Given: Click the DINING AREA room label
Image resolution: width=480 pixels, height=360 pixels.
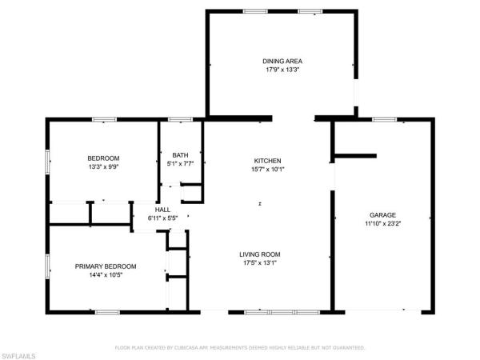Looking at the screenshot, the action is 282,62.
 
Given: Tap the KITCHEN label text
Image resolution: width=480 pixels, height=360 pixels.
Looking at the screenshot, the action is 267,161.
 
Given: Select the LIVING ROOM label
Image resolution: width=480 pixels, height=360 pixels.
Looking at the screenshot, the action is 260,254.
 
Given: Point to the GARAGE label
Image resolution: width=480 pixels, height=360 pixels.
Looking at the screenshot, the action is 382,215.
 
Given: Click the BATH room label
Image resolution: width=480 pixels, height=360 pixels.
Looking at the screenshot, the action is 180,155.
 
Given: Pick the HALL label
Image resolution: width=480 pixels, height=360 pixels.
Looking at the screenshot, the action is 162,210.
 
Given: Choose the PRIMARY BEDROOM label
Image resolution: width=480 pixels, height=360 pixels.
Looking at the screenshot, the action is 106,266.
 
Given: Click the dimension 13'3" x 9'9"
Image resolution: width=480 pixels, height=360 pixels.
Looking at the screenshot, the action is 103,167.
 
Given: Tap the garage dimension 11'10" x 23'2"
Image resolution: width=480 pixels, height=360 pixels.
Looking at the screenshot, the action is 383,223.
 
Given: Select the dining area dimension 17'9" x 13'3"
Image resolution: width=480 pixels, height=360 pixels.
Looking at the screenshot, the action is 282,70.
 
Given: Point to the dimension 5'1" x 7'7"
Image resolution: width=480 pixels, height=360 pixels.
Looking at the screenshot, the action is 180,163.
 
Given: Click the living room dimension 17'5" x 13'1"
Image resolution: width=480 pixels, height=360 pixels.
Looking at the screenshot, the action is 260,262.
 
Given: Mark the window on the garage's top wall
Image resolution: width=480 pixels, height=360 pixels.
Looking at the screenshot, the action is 385,119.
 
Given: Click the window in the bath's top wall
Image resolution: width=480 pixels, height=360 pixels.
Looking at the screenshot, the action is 181,119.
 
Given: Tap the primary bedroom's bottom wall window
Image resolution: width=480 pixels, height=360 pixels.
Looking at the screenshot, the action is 107,312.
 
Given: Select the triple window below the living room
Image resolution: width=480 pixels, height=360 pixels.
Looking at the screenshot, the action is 282,312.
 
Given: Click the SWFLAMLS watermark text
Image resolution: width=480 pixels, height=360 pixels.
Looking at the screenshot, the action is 18,356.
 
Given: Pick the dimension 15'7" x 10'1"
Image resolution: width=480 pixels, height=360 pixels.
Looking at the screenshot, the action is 268,169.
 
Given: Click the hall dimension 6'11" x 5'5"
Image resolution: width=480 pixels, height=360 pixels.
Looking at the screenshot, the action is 163,218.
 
